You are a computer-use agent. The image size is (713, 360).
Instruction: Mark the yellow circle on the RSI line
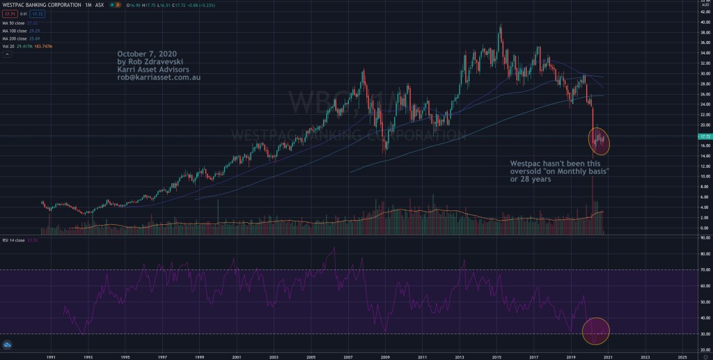point(595,331)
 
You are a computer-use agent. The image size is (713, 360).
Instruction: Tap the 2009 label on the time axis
point(385,355)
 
